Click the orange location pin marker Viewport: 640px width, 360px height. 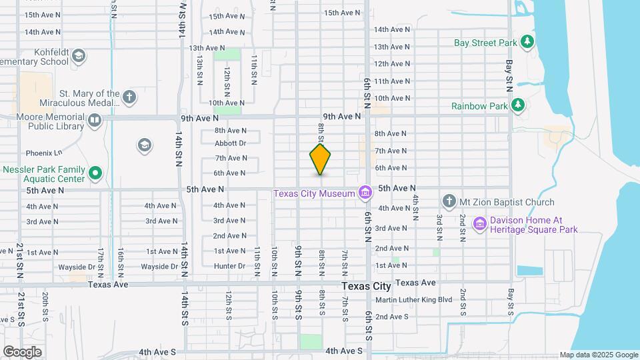[320, 159]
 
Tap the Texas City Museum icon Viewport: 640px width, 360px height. [365, 193]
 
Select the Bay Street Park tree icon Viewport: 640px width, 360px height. [527, 43]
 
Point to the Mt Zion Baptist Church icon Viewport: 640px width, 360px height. [449, 201]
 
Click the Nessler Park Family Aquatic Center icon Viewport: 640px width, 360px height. [95, 174]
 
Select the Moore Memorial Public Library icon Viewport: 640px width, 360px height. [94, 121]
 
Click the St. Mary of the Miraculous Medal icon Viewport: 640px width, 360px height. [129, 97]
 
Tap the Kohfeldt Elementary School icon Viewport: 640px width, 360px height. [79, 55]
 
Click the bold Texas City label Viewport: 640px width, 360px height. [366, 286]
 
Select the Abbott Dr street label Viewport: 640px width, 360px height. [231, 143]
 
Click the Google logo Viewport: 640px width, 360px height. [23, 351]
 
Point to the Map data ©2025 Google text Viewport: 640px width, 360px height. [599, 355]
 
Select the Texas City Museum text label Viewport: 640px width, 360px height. [315, 193]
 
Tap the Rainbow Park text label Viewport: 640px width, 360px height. [479, 105]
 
